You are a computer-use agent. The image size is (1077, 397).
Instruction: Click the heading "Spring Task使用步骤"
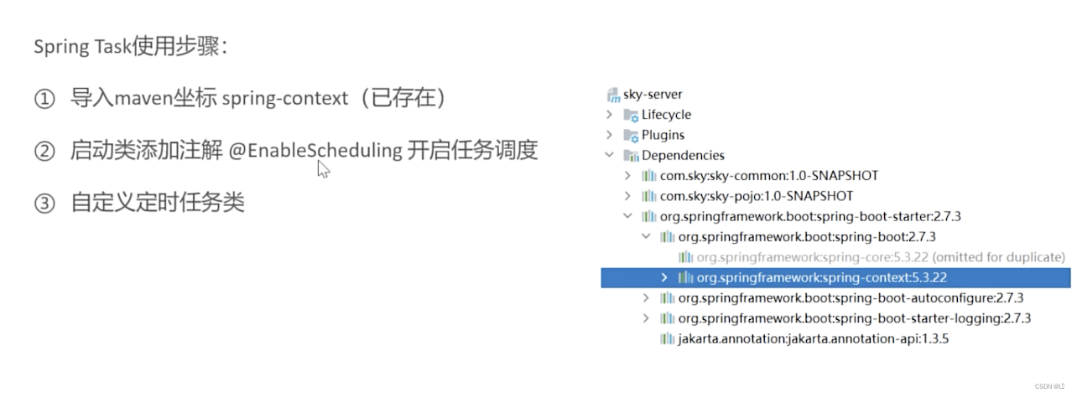(x=129, y=46)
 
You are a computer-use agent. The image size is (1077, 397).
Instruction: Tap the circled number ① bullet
(x=44, y=99)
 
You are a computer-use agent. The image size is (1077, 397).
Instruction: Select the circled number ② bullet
(x=44, y=152)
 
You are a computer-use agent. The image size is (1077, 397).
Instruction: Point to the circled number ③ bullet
(x=44, y=204)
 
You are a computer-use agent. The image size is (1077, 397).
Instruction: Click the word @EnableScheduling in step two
(x=315, y=151)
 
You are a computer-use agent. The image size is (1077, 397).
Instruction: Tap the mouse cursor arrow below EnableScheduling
(x=323, y=169)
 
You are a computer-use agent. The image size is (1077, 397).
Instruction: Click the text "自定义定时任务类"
(x=158, y=203)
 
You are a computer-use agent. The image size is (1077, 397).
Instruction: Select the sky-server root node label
(x=653, y=95)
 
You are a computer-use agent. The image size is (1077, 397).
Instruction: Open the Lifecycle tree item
(x=666, y=115)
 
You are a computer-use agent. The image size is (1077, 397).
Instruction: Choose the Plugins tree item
(x=663, y=135)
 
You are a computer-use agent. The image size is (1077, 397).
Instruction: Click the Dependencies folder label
(x=683, y=155)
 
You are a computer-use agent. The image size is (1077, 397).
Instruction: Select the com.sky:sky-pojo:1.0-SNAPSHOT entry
(x=756, y=196)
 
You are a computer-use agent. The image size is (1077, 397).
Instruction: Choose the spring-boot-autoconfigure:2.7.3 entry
(x=851, y=297)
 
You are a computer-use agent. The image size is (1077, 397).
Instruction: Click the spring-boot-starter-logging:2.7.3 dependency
(x=854, y=318)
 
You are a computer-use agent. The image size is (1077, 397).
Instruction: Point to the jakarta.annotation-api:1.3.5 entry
(x=813, y=338)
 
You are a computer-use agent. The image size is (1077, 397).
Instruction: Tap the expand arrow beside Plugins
(x=610, y=135)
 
